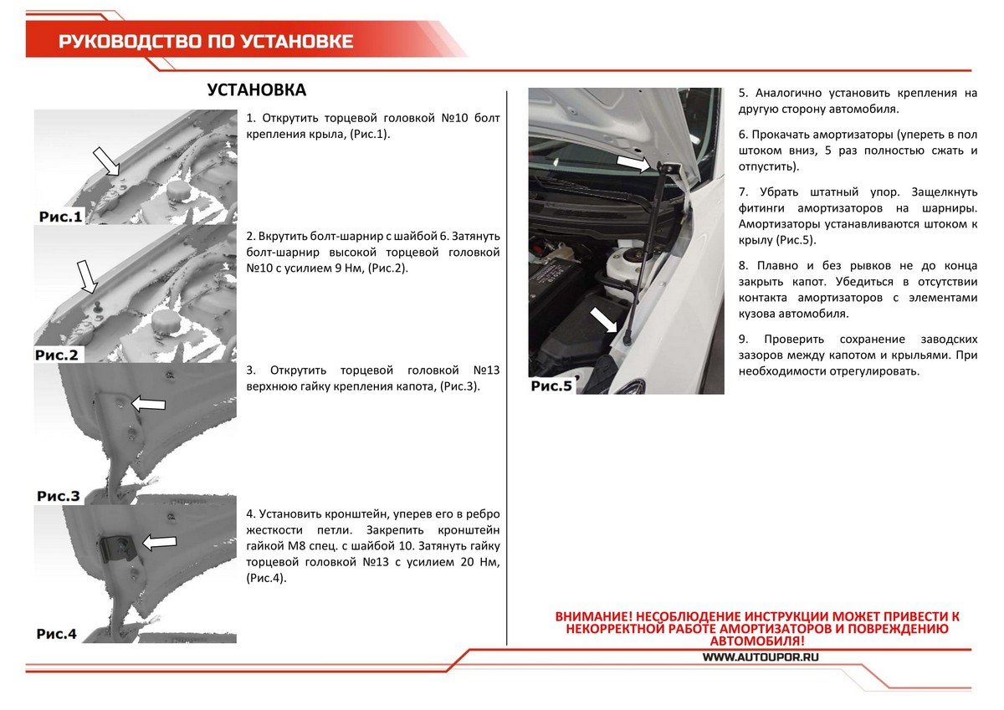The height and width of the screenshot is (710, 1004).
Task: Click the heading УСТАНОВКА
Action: (x=256, y=90)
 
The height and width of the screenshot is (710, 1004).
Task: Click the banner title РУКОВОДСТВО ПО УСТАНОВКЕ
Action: (x=206, y=42)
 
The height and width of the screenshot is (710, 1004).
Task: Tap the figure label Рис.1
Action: (x=60, y=217)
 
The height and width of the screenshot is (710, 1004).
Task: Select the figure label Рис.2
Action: (x=57, y=355)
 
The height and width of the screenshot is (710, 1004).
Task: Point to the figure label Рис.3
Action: (x=59, y=496)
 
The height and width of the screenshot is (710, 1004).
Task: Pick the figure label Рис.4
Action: (x=57, y=634)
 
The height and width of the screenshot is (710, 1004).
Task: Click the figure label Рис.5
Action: (x=551, y=386)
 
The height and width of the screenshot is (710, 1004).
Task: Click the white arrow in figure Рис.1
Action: (x=107, y=161)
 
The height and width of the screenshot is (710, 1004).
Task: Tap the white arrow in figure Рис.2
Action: (x=87, y=278)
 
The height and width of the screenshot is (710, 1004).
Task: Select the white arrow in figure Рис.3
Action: (x=148, y=404)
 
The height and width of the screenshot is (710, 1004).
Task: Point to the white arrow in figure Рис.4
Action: (x=159, y=543)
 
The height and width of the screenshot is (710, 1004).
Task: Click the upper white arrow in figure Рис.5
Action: (x=633, y=164)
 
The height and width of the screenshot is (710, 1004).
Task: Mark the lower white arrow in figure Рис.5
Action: (x=603, y=319)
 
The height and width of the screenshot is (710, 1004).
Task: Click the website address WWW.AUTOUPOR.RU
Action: (x=761, y=657)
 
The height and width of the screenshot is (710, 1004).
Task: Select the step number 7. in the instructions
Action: (x=744, y=192)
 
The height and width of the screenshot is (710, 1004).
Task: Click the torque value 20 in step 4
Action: (x=467, y=562)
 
